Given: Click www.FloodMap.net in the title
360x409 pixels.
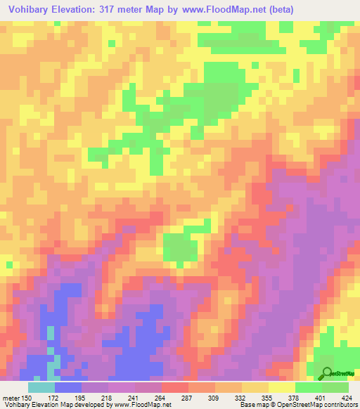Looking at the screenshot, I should click(x=219, y=9).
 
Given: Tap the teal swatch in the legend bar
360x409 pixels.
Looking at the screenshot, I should click(x=41, y=388).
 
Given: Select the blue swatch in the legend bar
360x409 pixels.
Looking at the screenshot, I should click(x=68, y=388).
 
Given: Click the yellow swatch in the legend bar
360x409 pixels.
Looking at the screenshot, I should click(x=282, y=388).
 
